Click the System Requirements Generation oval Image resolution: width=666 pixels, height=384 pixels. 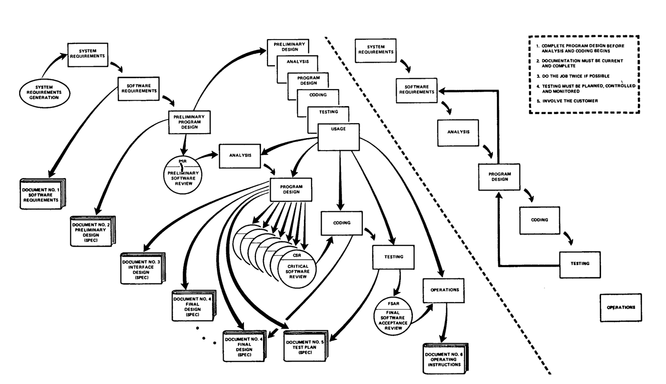(44, 92)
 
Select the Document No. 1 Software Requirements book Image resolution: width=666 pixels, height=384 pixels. (42, 195)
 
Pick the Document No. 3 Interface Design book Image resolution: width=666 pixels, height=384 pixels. (142, 269)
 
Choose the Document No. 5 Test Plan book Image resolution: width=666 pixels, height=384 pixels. (305, 346)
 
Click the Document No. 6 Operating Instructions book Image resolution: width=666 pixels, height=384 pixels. (444, 359)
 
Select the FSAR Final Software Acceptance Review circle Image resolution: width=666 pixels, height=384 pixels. (393, 316)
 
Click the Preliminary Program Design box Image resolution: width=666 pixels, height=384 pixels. (189, 122)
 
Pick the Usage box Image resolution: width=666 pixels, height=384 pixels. (338, 137)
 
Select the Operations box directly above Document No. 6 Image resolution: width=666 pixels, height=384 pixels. (444, 290)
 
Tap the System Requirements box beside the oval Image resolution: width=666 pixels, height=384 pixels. (88, 54)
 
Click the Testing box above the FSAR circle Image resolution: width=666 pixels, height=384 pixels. (394, 257)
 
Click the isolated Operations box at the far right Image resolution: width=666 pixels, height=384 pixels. (621, 307)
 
